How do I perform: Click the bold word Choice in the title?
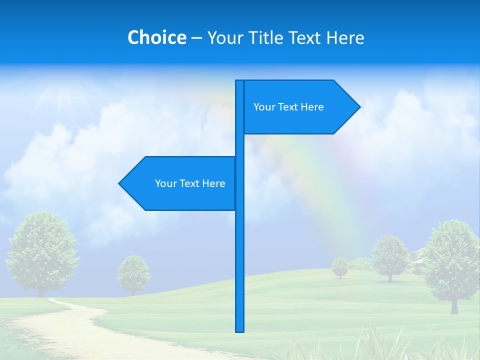tap(156, 37)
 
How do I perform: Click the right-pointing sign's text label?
tap(288, 107)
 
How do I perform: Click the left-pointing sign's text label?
tap(190, 183)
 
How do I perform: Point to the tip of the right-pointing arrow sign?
tap(359, 106)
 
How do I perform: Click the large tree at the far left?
tap(42, 250)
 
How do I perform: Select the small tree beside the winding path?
tap(133, 272)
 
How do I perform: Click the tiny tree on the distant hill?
tap(340, 266)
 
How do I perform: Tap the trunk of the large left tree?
tap(41, 291)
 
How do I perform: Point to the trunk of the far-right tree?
tap(454, 305)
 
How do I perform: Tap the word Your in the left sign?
tap(165, 183)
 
